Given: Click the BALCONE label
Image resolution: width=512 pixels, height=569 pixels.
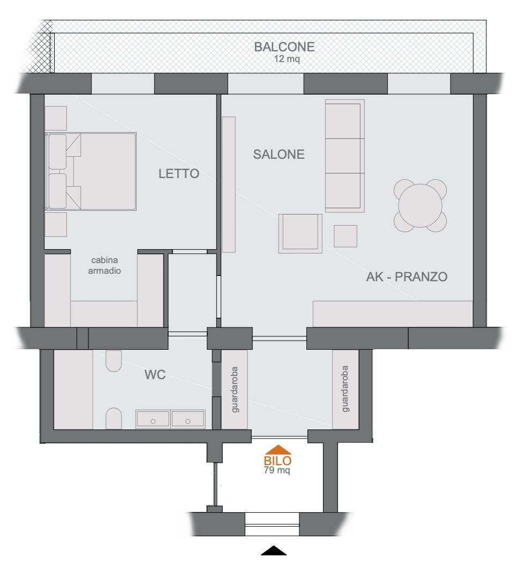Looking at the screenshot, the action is [x=284, y=47].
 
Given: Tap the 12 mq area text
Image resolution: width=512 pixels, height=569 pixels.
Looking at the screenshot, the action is [x=287, y=59].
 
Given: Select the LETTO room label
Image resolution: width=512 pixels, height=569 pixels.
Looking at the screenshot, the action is [x=179, y=173].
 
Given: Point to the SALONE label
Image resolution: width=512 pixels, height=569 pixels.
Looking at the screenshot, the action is [x=278, y=154].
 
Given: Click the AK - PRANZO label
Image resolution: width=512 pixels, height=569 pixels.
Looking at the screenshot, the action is [x=406, y=277].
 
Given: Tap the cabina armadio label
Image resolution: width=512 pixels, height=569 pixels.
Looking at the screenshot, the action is [x=104, y=265].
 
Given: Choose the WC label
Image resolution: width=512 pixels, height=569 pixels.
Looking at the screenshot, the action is [x=155, y=374].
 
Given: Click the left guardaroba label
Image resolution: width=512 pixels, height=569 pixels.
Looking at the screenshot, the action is [x=235, y=389].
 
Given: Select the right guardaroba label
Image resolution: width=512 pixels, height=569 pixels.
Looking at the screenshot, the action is [x=345, y=389].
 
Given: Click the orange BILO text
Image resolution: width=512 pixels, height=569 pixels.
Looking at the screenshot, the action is [x=277, y=461].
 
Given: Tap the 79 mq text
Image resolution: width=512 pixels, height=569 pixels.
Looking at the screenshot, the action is [x=277, y=470].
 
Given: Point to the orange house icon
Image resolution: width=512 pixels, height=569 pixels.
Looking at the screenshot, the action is [x=278, y=450].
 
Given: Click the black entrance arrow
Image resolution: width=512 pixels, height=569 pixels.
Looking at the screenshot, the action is [x=274, y=550].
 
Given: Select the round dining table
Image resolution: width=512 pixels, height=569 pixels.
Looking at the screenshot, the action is [x=420, y=205].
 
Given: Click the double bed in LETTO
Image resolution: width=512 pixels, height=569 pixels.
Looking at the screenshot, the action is [x=91, y=171].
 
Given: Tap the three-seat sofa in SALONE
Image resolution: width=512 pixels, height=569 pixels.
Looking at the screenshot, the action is [x=344, y=156].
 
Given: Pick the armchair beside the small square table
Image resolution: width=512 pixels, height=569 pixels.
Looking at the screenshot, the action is [x=300, y=233].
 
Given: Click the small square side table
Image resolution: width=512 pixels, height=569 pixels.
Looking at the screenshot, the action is [x=345, y=236].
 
